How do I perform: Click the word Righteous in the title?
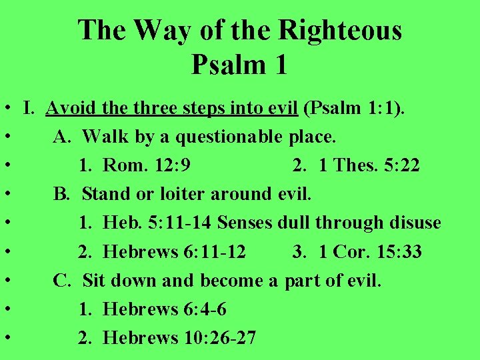click(x=340, y=31)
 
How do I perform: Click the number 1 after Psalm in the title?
click(x=280, y=65)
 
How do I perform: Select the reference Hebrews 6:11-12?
click(x=175, y=251)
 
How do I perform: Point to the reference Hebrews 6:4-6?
click(x=166, y=309)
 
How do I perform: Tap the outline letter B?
click(x=61, y=194)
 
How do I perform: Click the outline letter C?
click(x=61, y=280)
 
